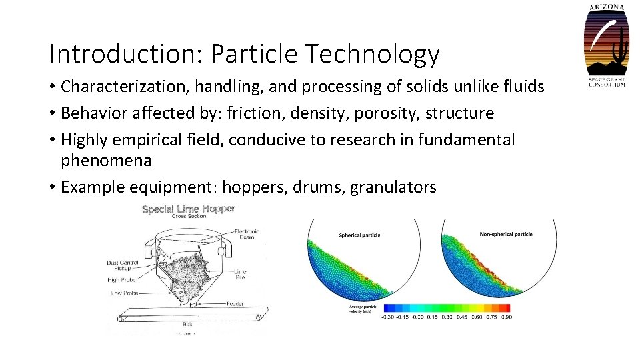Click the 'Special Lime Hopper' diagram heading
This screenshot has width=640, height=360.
point(189,209)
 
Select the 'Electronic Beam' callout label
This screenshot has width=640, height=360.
point(246,235)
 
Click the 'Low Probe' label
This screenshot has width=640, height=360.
point(124,293)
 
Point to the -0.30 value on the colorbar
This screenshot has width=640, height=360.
point(386,317)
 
